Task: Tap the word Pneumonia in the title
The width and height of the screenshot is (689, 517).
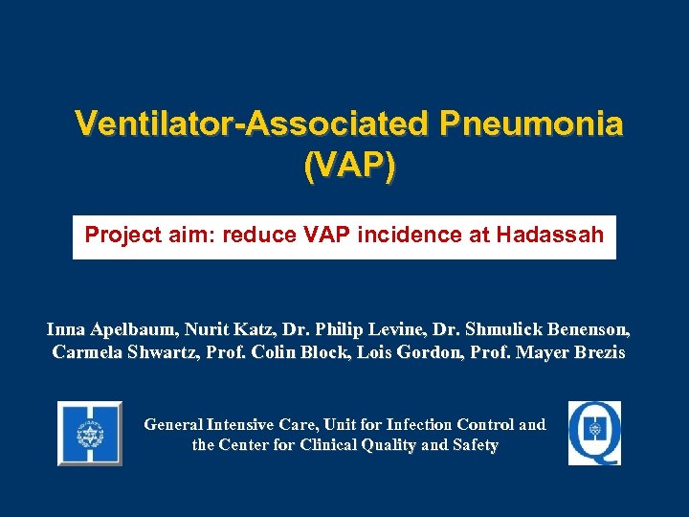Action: point(531,124)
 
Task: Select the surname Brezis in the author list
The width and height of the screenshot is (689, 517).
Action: point(599,352)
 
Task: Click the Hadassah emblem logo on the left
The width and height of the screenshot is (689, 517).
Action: point(90,434)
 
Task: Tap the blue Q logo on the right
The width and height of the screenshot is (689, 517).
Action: point(594,433)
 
